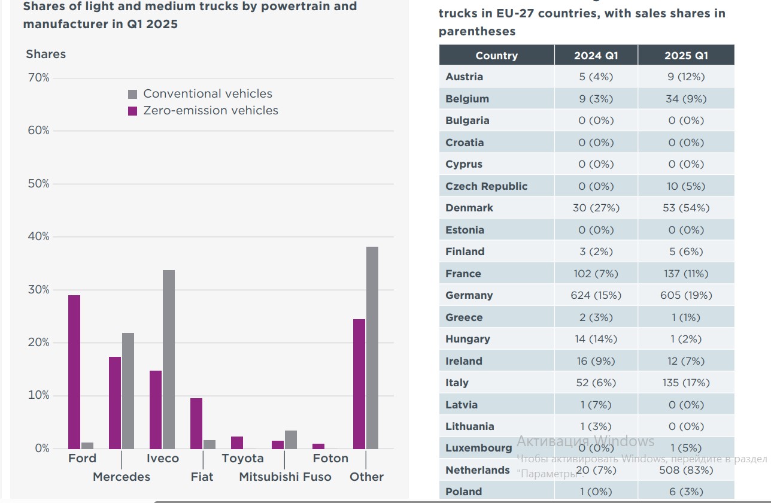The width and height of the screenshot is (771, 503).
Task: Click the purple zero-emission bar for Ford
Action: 74,371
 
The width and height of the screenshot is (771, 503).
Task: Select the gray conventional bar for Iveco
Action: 169,359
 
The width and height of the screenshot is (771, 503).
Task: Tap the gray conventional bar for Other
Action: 372,347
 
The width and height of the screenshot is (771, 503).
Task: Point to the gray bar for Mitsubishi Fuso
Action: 291,440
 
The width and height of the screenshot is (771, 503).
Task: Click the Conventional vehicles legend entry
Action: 201,94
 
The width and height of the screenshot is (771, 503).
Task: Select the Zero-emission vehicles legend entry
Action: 204,111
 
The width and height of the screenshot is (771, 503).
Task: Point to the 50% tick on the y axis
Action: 39,184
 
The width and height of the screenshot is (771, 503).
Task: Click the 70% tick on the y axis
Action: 39,78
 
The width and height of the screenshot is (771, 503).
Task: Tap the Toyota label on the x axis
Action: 242,458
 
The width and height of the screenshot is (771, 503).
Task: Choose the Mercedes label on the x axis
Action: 122,477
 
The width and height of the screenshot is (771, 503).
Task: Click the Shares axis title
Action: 46,54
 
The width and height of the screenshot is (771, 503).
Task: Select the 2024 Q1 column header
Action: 596,56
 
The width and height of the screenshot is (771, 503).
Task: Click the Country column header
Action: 496,56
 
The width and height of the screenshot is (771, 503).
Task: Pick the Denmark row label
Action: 469,208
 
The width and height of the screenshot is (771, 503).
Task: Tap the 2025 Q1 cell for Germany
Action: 686,295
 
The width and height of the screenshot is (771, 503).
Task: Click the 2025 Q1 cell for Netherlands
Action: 686,470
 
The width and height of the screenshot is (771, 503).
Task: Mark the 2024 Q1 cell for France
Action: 596,274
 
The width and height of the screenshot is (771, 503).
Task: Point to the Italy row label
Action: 457,383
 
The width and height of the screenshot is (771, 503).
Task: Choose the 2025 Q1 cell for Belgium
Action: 686,99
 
